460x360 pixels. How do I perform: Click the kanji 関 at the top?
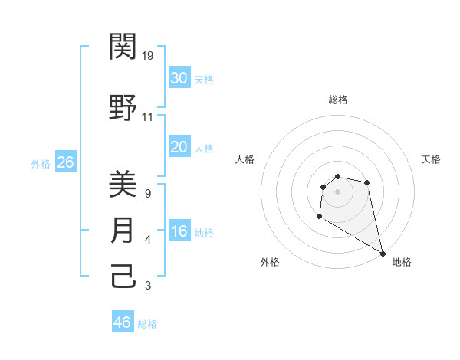123,47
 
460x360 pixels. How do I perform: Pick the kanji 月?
123,231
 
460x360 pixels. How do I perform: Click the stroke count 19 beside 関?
149,55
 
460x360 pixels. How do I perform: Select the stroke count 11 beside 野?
148,117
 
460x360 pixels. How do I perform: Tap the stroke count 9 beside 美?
147,194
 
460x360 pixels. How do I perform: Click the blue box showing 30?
179,77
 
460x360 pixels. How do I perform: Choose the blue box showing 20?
179,147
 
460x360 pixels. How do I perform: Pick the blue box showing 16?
179,231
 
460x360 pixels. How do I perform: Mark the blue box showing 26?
65,162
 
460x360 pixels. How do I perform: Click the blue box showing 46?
123,322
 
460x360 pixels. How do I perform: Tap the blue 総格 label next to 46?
147,324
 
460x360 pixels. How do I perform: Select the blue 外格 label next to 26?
41,163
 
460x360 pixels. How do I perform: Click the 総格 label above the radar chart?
338,100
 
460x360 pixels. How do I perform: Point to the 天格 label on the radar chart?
432,159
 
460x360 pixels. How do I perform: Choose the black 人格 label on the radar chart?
245,159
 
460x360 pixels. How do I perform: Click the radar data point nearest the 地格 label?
383,254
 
